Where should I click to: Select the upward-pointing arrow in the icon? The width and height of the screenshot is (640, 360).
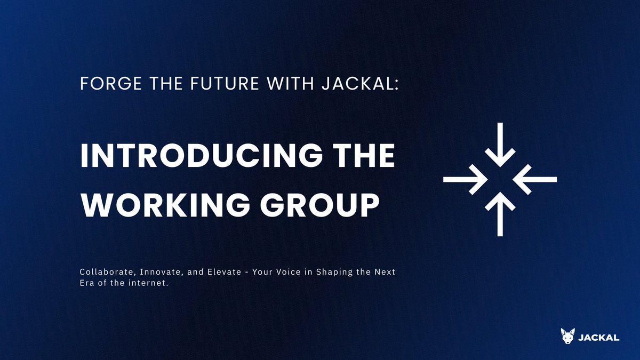coord(500,214)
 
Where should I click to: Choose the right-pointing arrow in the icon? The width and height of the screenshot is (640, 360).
coord(465,179)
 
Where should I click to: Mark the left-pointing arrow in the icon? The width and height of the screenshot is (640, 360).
coord(536,179)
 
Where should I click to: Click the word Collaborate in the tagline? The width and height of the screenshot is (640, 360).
coord(105,273)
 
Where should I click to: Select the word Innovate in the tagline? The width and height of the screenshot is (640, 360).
coord(155,273)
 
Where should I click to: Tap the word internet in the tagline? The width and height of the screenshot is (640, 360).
coord(149,283)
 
